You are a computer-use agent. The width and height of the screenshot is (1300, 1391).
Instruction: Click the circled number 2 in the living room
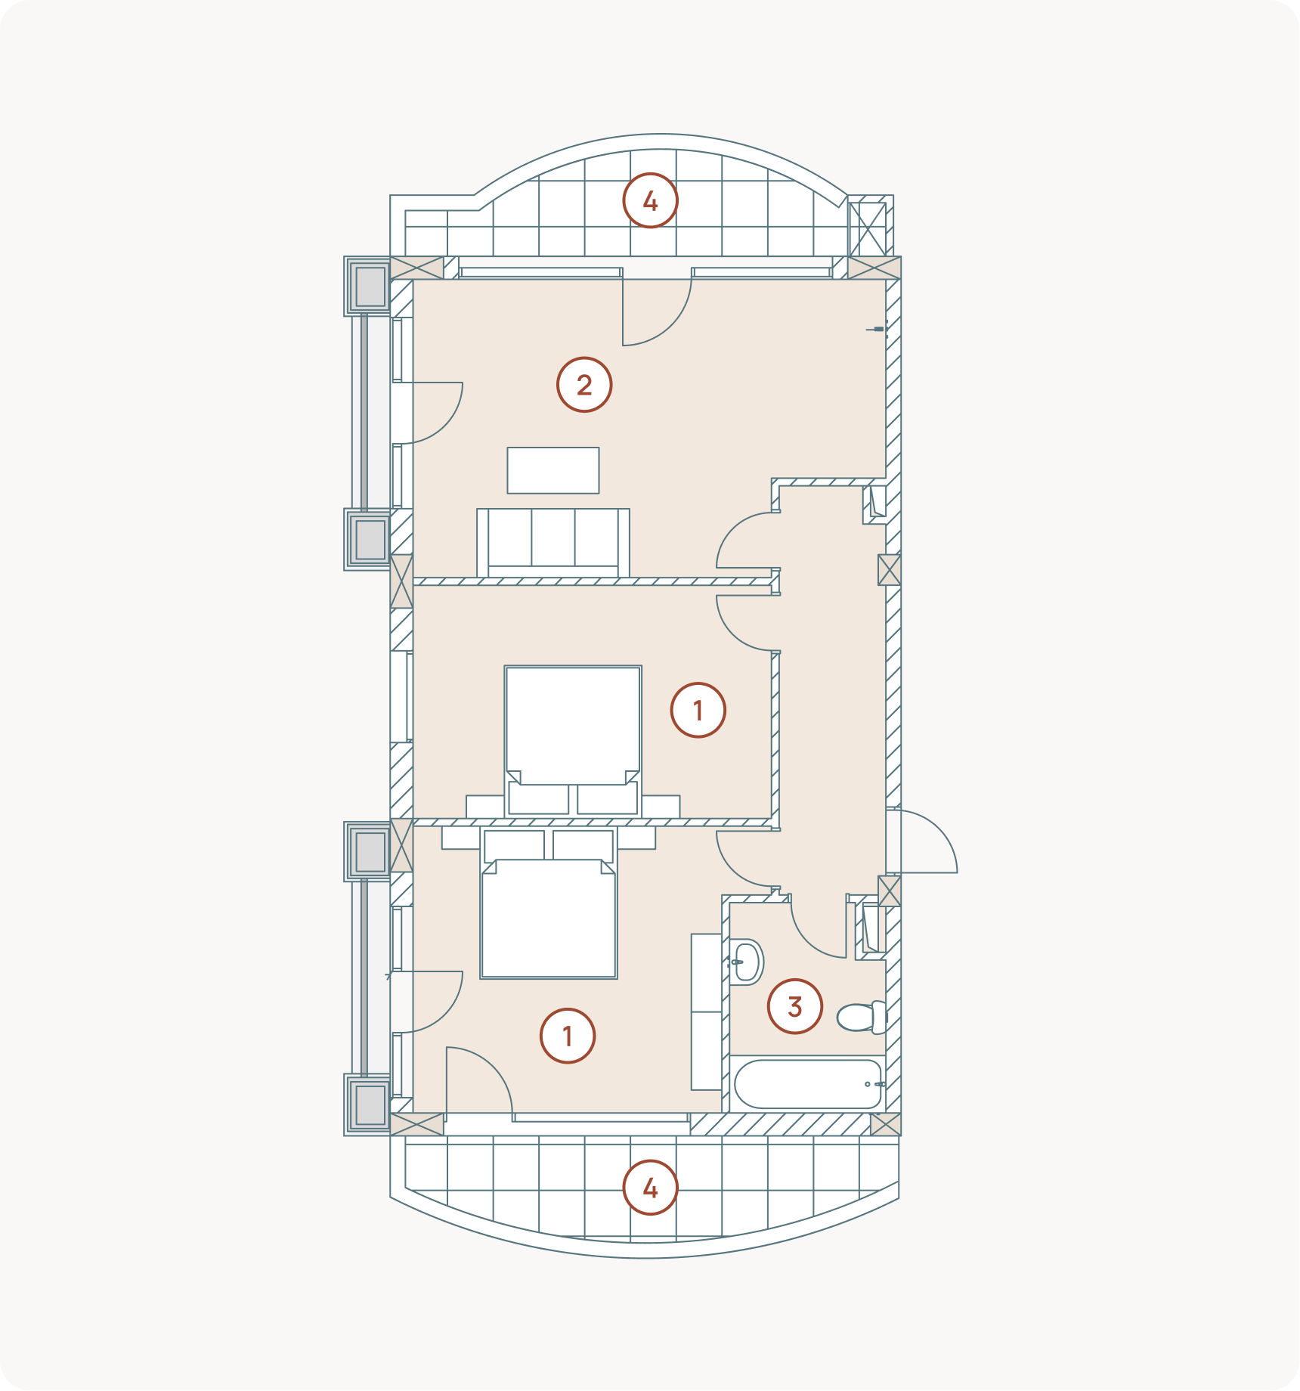pyautogui.click(x=584, y=385)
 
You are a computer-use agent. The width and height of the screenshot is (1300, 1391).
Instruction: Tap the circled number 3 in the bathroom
pyautogui.click(x=794, y=1006)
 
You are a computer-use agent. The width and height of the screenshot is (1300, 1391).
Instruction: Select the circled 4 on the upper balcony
pyautogui.click(x=650, y=201)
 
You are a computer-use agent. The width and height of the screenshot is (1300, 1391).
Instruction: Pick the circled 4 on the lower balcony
pyautogui.click(x=650, y=1188)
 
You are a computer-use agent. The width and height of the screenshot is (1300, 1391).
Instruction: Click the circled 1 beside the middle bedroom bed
pyautogui.click(x=698, y=710)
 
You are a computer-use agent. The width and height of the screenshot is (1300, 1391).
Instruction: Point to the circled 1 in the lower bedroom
pyautogui.click(x=568, y=1036)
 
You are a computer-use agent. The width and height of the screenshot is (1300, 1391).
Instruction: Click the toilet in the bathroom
pyautogui.click(x=862, y=1017)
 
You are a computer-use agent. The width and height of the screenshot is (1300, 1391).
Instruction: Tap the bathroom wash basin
pyautogui.click(x=746, y=962)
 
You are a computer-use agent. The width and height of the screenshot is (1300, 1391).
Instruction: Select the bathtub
pyautogui.click(x=808, y=1083)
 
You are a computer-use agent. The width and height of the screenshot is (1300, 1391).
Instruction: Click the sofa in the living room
pyautogui.click(x=553, y=543)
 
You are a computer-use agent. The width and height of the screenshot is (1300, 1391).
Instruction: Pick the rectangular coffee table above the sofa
pyautogui.click(x=553, y=470)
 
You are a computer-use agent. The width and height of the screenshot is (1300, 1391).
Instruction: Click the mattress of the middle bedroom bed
pyautogui.click(x=573, y=725)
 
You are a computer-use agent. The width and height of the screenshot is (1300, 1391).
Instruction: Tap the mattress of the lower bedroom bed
pyautogui.click(x=549, y=919)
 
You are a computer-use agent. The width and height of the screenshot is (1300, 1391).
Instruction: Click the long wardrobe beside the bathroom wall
pyautogui.click(x=707, y=1011)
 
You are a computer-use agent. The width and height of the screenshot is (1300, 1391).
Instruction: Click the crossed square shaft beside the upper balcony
pyautogui.click(x=868, y=228)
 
